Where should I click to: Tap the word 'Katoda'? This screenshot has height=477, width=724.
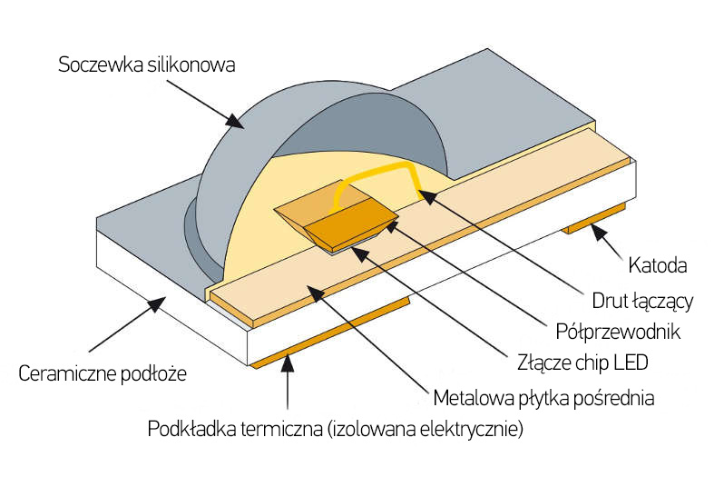pos(657,266)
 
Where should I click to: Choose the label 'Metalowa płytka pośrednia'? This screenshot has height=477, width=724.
pos(543,398)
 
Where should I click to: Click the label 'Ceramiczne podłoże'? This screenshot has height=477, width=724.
pos(102,373)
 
